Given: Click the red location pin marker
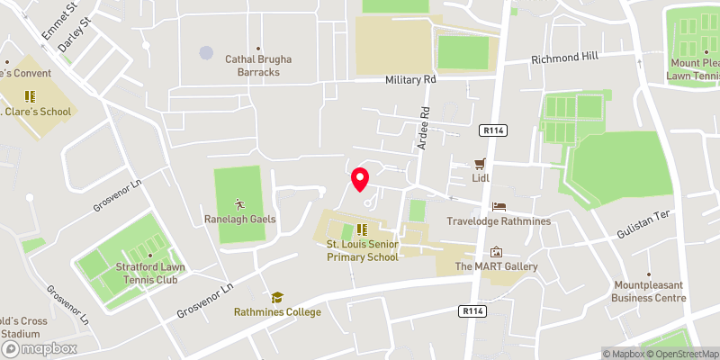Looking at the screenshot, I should [x=360, y=180].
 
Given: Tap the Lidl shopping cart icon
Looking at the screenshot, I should [x=481, y=164].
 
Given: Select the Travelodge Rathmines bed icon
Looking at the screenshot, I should [x=499, y=206].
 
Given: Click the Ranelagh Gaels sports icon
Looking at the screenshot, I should [x=238, y=202].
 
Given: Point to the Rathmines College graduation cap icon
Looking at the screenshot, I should [x=277, y=297].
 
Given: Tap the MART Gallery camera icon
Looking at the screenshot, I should [x=495, y=252].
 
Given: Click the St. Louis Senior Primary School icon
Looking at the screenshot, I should [x=362, y=229].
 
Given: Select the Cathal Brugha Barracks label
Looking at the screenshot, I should [x=257, y=66].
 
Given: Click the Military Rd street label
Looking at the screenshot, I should [x=410, y=80].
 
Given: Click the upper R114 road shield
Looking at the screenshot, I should [x=494, y=130].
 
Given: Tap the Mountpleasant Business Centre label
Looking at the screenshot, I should [x=648, y=291].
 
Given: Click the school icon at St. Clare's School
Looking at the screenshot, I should [x=30, y=95].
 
